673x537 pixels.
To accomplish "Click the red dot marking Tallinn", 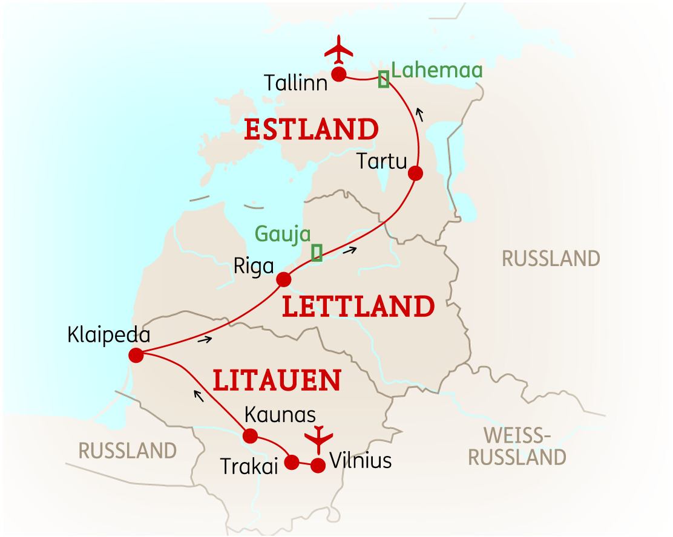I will [338, 74].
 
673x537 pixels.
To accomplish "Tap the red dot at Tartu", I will [415, 174].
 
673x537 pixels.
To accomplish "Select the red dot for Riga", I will [283, 280].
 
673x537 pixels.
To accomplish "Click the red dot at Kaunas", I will [249, 435].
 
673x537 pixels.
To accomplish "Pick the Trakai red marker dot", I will [292, 463].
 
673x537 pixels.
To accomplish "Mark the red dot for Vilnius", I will [318, 465].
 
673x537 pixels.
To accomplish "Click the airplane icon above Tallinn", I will [338, 50].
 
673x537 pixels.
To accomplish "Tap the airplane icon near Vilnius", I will [318, 438].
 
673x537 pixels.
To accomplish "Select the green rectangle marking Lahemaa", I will [383, 79].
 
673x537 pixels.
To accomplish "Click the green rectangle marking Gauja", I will [316, 253].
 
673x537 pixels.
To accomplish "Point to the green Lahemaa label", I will [437, 70].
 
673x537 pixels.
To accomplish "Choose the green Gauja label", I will [283, 233].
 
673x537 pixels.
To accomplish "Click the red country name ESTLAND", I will [311, 130].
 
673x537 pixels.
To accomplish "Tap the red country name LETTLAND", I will [358, 307].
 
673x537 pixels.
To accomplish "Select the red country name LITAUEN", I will [277, 380].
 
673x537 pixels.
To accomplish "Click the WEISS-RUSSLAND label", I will [517, 446].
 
